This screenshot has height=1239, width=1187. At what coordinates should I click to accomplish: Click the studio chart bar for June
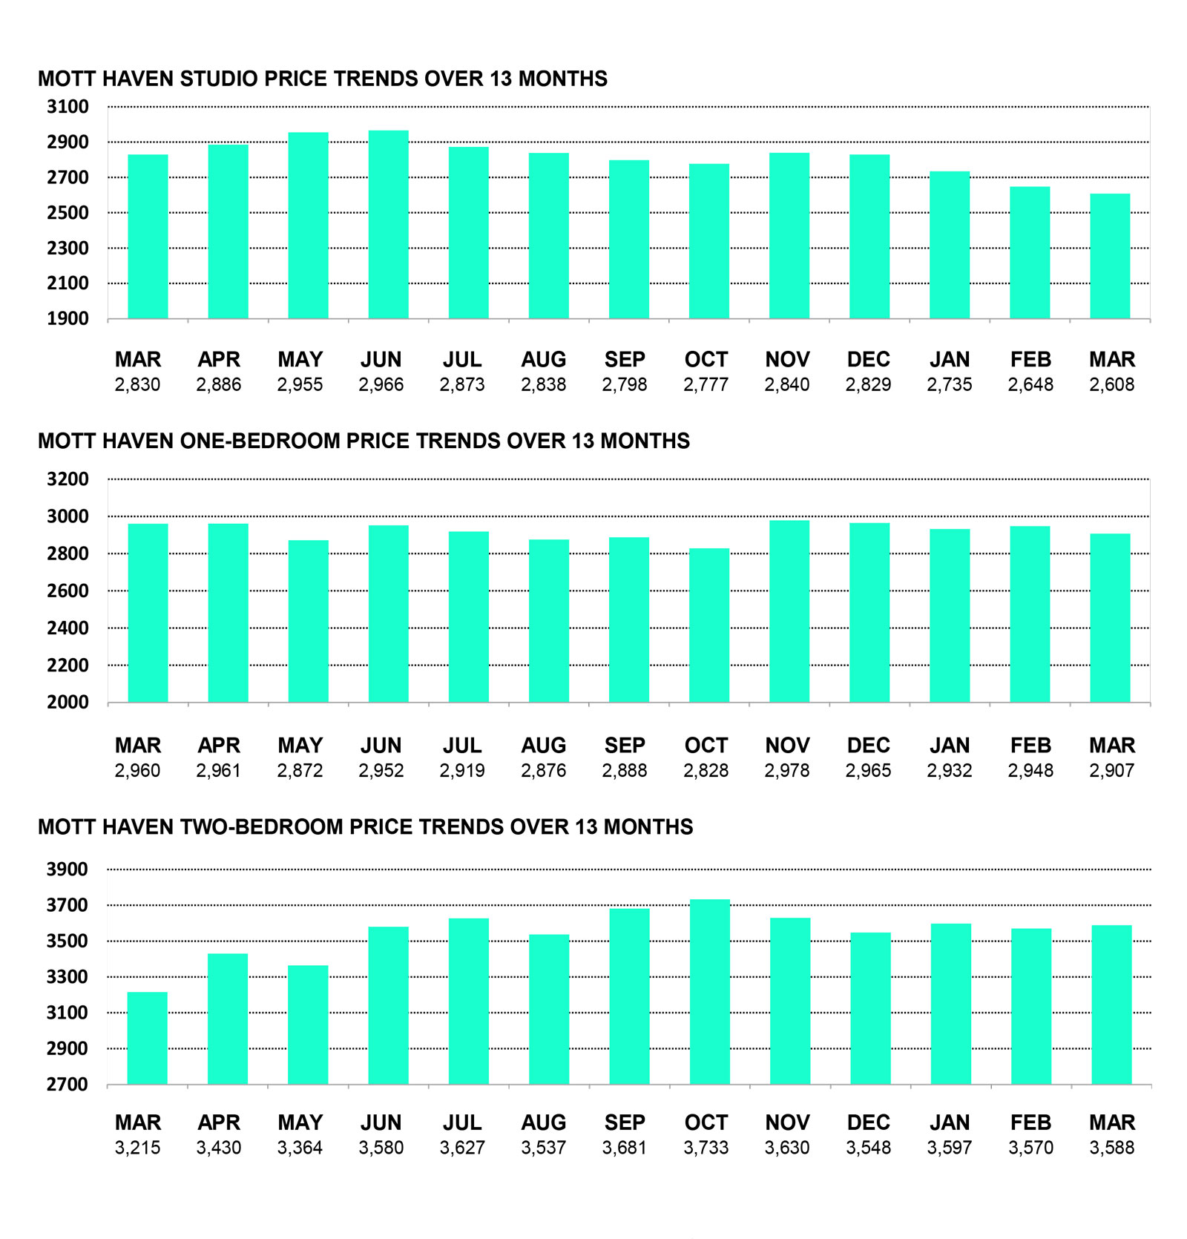coord(388,225)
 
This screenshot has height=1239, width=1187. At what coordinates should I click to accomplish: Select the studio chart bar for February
coord(1030,252)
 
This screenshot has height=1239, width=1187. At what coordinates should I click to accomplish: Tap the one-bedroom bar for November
coord(789,611)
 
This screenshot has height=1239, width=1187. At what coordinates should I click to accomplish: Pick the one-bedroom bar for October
coord(708,625)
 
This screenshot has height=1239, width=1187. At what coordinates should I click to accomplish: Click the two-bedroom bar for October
coord(709,992)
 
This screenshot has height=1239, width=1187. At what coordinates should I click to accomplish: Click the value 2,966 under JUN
coord(381,385)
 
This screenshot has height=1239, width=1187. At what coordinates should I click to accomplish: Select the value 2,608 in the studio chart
coord(1111,385)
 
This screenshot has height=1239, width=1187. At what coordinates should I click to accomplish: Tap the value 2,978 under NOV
coord(786,771)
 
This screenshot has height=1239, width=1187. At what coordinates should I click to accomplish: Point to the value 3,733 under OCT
coord(706,1148)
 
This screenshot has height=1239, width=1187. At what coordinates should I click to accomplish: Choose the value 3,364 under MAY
coord(300,1148)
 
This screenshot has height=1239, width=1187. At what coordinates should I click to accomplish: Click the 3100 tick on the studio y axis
coord(68,107)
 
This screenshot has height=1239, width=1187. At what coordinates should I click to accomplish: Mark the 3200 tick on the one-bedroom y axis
coord(68,479)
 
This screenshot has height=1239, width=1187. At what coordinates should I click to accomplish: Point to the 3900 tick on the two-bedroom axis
coord(68,870)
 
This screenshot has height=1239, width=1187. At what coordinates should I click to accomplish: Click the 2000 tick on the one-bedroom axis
coord(68,703)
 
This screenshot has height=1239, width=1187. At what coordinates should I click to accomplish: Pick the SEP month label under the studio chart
coord(625,360)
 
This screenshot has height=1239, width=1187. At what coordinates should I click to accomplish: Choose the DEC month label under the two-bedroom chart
coord(868,1123)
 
